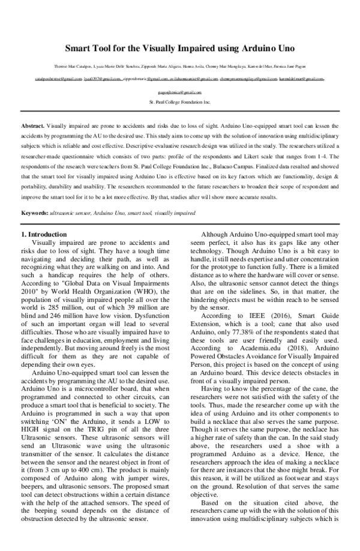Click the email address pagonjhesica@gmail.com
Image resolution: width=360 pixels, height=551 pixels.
pyautogui.click(x=180, y=93)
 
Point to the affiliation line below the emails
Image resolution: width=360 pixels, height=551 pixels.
pyautogui.click(x=180, y=103)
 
